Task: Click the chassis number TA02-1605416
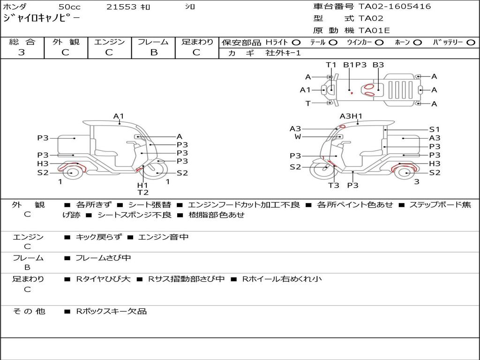tap(395, 7)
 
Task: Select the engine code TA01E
tap(374, 30)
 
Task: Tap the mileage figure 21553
tap(121, 7)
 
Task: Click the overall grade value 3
tap(22, 52)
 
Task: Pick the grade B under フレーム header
tap(154, 52)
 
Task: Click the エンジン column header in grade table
tap(109, 42)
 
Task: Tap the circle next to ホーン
tap(417, 43)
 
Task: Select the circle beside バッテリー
tap(471, 43)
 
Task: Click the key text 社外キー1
tap(283, 53)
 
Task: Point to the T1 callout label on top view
tap(331, 65)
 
